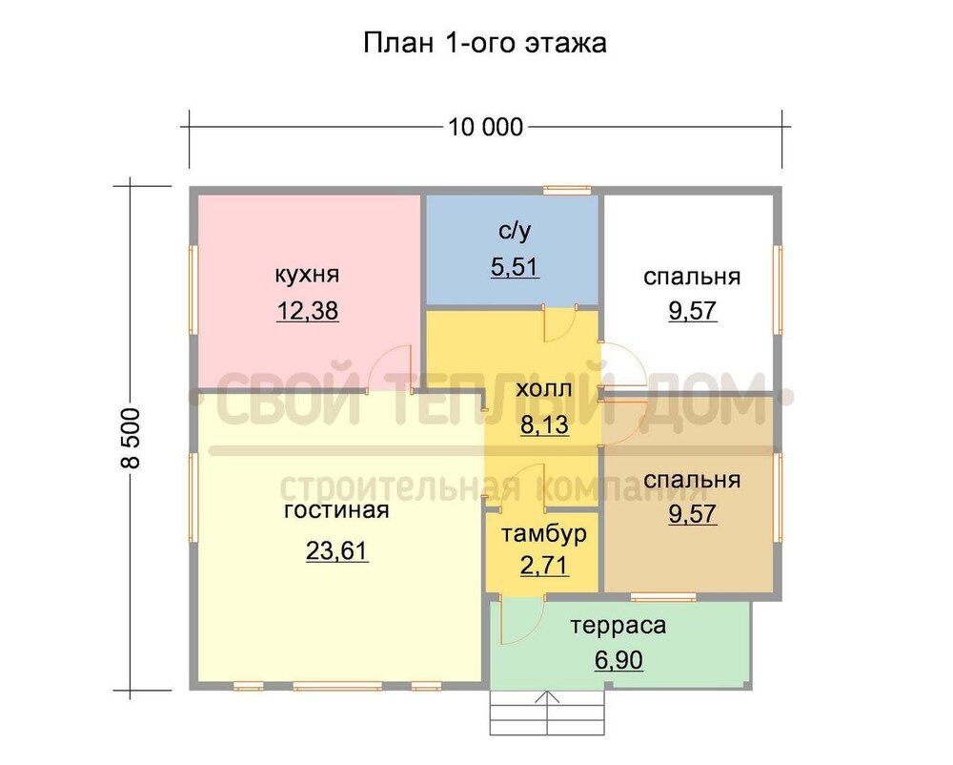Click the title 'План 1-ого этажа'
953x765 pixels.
coord(484,43)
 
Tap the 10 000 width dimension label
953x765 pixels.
coord(485,127)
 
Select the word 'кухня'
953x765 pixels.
coord(307,275)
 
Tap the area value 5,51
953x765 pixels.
coord(515,267)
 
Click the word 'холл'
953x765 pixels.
coord(544,389)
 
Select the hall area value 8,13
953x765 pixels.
coord(544,424)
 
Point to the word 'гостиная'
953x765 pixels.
coord(336,509)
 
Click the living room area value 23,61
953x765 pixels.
coord(336,550)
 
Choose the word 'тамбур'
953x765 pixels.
coord(544,533)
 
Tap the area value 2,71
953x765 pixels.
coord(544,566)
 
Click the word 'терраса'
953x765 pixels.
coord(618,626)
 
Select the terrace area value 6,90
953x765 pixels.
coord(618,660)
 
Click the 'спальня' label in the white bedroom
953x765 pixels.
coord(692,277)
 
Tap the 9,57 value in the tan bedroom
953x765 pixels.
coord(692,514)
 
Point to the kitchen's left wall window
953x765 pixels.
coord(193,289)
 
